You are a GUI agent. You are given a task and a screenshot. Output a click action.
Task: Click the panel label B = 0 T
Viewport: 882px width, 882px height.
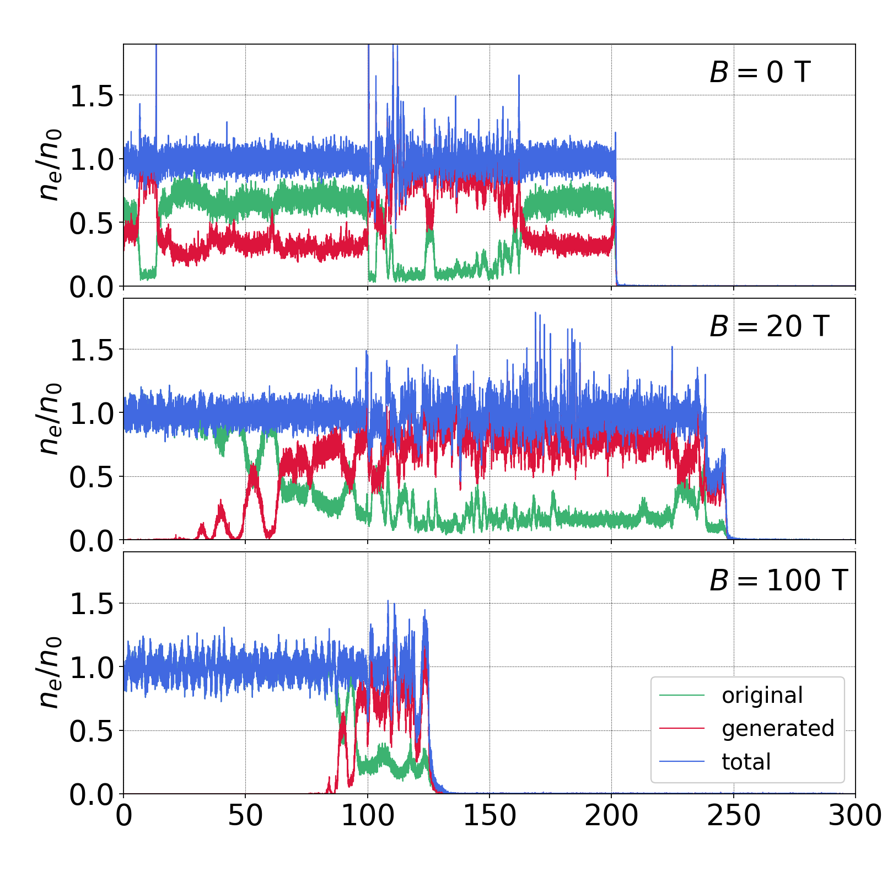coord(760,72)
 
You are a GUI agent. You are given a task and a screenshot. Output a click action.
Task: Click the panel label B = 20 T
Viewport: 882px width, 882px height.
coord(769,326)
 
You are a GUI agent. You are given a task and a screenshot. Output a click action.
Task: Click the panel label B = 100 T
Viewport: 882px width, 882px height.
coord(778,580)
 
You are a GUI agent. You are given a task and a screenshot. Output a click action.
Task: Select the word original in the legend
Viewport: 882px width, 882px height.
coord(762,696)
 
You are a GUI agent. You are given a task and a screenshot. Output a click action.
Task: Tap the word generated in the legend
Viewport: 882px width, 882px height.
coord(778,729)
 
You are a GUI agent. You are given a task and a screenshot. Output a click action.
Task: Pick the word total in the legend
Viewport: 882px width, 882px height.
coord(746,762)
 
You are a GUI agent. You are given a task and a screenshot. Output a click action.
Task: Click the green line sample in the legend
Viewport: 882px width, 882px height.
coord(682,696)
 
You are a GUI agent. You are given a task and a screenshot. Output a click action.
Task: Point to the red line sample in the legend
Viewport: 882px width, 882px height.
coord(682,729)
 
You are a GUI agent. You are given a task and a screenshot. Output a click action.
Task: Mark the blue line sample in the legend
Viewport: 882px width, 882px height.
coord(682,762)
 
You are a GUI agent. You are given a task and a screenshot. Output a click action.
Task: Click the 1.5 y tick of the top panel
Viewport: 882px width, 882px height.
coord(91,96)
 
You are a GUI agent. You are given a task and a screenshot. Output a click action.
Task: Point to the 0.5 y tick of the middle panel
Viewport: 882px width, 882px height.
coord(91,477)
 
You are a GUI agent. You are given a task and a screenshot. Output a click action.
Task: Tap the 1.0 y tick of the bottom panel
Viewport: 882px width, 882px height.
coord(91,668)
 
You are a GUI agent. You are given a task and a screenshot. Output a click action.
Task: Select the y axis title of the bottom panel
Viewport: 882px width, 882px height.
coord(49,673)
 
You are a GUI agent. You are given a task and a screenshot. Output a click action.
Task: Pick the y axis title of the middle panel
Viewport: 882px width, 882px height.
coord(49,418)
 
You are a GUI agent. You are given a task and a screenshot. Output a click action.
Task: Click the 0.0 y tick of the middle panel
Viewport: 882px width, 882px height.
coord(91,541)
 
